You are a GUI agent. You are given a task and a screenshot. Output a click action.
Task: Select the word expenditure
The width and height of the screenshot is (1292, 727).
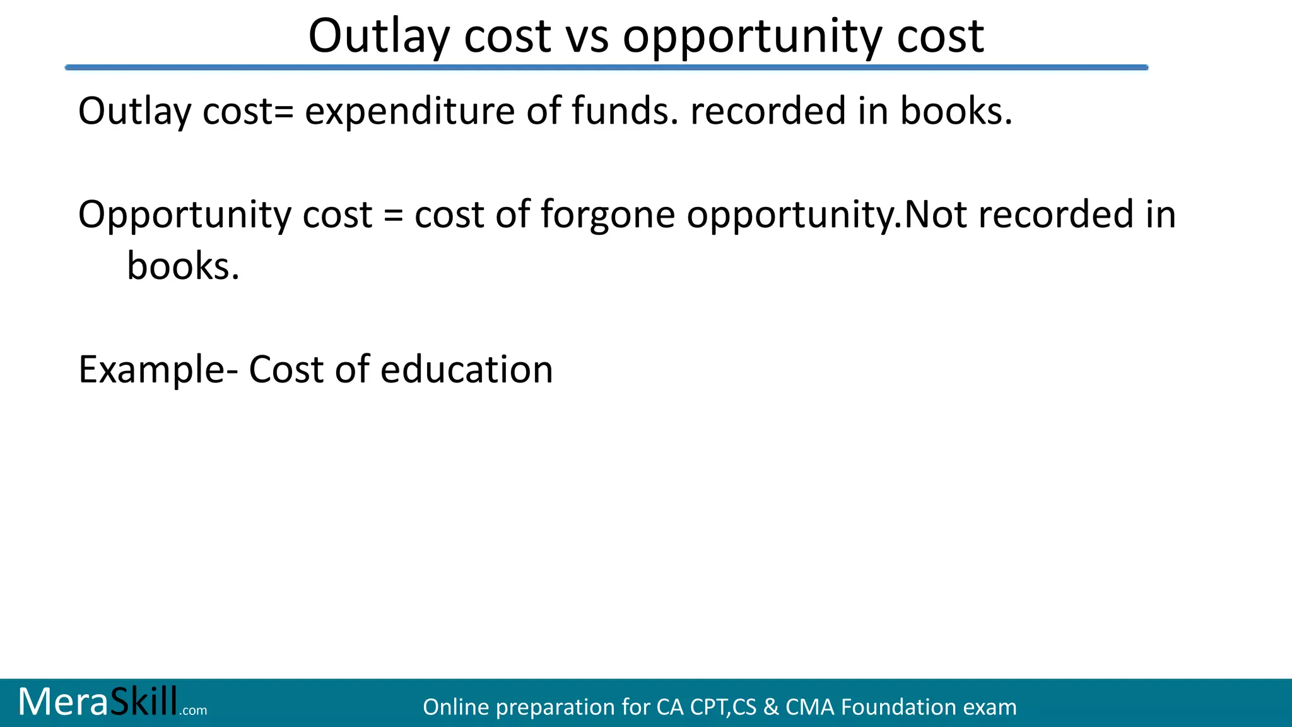(410, 112)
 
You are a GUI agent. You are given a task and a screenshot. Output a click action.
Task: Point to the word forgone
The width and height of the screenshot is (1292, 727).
(608, 215)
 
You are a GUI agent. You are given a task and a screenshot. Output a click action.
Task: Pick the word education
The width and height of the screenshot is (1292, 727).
(467, 370)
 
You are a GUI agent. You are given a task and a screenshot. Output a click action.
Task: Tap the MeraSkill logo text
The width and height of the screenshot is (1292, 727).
(98, 702)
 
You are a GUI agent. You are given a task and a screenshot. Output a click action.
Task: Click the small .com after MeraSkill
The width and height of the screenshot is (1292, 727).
(193, 711)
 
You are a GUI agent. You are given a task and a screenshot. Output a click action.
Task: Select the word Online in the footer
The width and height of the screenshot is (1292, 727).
(455, 707)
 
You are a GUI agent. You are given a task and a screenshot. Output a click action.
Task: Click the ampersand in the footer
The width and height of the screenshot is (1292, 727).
(770, 707)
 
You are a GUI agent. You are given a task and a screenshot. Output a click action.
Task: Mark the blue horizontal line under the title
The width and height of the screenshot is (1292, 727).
(606, 67)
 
